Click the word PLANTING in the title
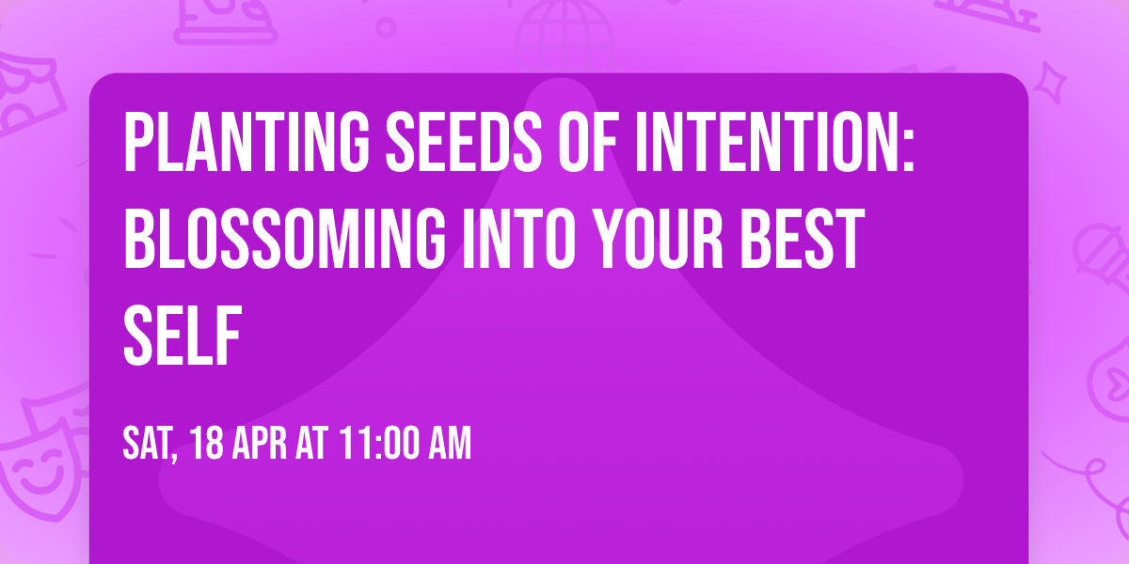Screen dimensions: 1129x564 click(x=246, y=142)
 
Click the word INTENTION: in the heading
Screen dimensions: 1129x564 click(x=774, y=142)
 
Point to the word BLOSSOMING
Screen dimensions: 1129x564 click(x=285, y=238)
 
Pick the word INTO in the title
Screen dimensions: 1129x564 click(x=518, y=238)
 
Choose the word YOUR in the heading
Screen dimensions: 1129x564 click(x=658, y=238)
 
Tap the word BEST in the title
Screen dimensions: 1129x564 click(x=803, y=238)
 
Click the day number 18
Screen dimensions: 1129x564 click(x=207, y=443)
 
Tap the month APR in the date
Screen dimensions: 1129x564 click(x=259, y=443)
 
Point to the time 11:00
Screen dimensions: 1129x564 click(x=379, y=443)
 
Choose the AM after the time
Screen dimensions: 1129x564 click(x=450, y=443)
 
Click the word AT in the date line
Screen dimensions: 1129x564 click(x=312, y=443)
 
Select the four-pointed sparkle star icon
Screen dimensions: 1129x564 click(x=1050, y=84)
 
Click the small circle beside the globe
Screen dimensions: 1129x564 click(x=386, y=28)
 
